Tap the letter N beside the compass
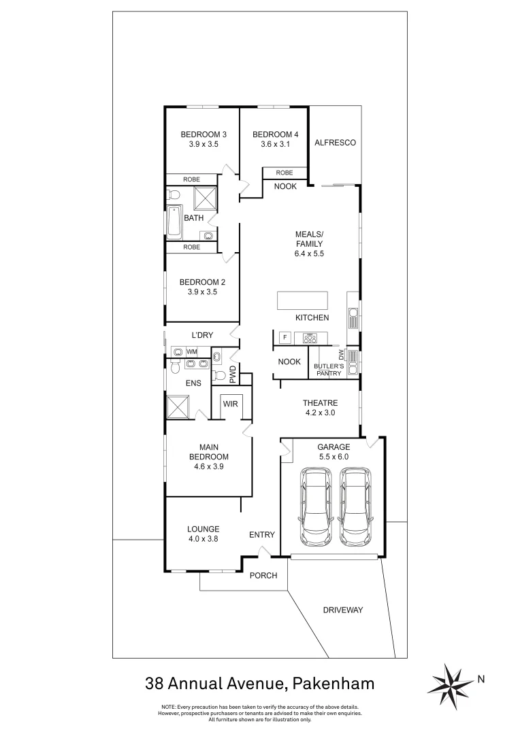[x=481, y=678]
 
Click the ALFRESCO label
[x=334, y=143]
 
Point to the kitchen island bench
[x=302, y=300]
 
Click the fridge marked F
[x=285, y=337]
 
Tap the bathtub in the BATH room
[x=174, y=222]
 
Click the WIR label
[x=231, y=404]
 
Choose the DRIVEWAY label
[x=342, y=610]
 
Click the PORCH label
[x=263, y=576]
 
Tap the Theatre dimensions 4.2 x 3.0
[x=320, y=413]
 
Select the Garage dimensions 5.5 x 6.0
[x=334, y=457]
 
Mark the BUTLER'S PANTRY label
[x=327, y=370]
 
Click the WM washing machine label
[x=192, y=351]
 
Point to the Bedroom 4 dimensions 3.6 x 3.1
[x=275, y=144]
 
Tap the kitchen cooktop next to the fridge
[x=311, y=337]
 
